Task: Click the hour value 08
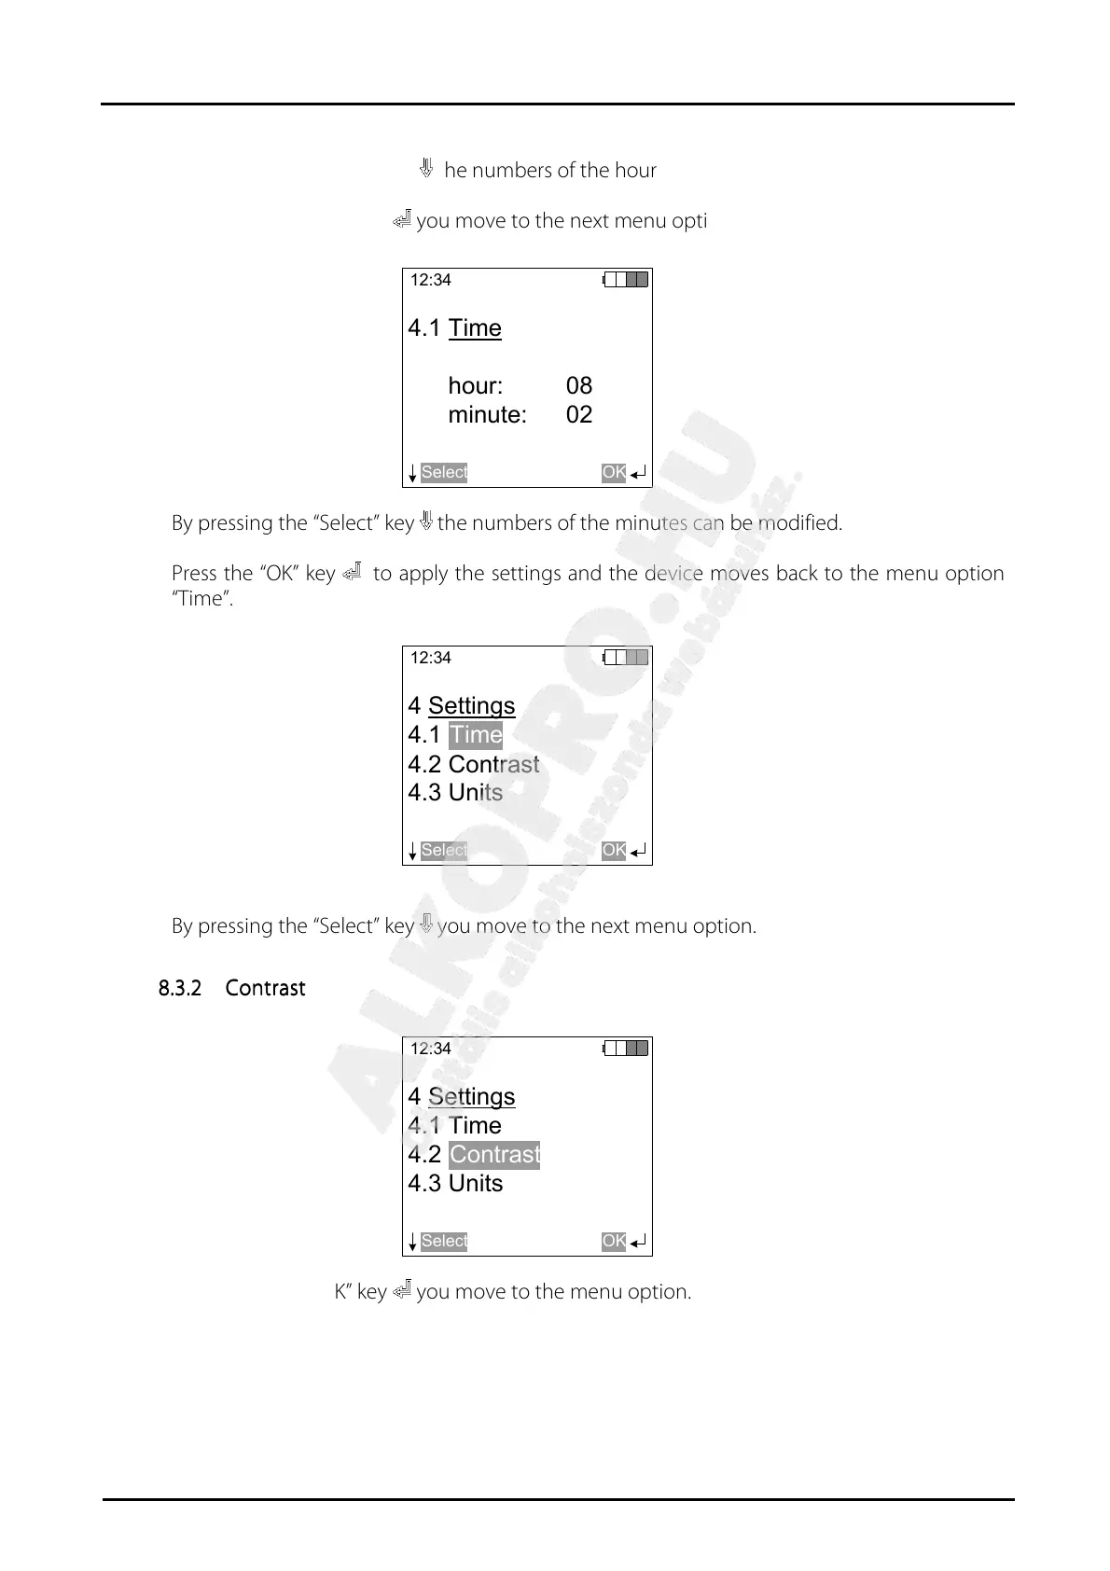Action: pos(578,386)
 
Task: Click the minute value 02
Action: pos(578,415)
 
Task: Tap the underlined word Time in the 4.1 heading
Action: pos(475,328)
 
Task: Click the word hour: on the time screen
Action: pos(475,386)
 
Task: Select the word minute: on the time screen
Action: pos(487,415)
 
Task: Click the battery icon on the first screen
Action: pos(626,280)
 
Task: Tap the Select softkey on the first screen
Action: pos(443,473)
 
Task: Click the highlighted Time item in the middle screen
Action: pos(476,735)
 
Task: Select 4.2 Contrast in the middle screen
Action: pos(474,764)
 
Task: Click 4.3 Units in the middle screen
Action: pos(455,793)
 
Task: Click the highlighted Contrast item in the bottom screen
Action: pos(494,1155)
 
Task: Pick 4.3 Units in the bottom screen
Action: pos(455,1184)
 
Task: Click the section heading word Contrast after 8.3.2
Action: pos(265,989)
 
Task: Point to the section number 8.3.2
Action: pos(180,989)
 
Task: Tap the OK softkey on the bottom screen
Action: pos(614,1242)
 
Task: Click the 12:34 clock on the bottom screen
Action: pos(431,1049)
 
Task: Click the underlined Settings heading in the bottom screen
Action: pos(471,1097)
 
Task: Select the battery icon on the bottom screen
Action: pos(626,1049)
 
